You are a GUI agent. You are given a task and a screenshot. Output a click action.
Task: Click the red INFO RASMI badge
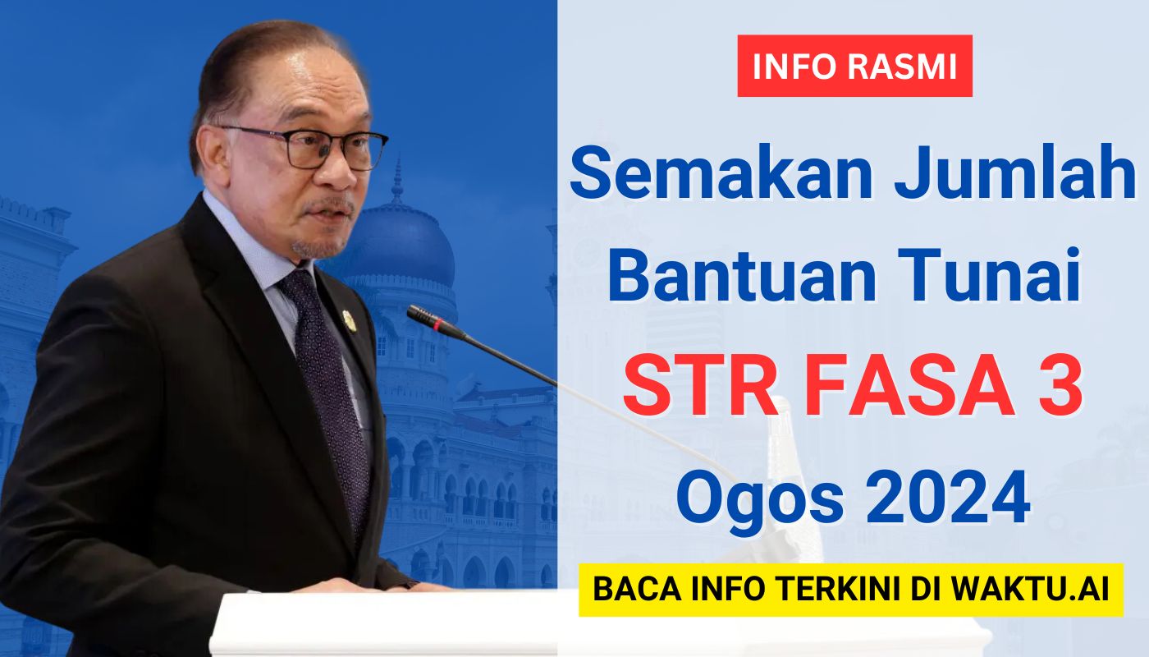[854, 66]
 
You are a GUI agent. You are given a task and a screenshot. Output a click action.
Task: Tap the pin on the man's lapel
[350, 321]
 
